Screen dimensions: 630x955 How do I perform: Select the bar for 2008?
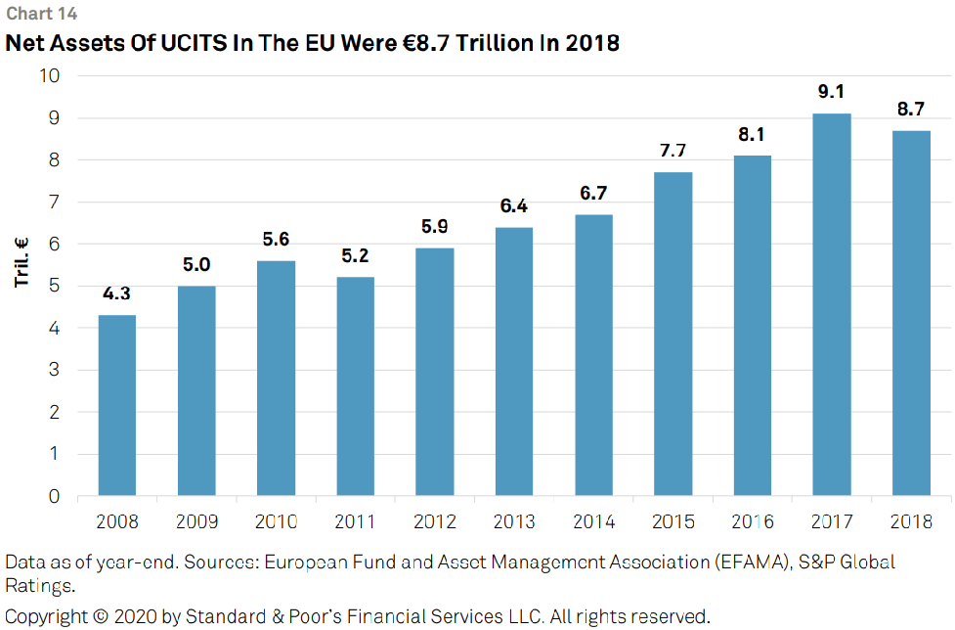click(x=116, y=405)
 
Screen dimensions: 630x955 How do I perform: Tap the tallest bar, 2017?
click(x=831, y=304)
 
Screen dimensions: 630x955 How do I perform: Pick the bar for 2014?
click(x=593, y=355)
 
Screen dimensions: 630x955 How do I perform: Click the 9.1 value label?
click(x=831, y=92)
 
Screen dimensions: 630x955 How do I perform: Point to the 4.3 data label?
click(x=116, y=293)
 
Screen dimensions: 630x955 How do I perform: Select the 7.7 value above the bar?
click(x=673, y=151)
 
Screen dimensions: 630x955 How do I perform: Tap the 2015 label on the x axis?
click(x=673, y=521)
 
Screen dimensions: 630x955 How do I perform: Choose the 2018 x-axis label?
click(x=911, y=521)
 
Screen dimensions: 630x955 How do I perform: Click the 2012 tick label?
click(x=434, y=521)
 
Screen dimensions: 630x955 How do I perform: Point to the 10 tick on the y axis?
click(x=49, y=75)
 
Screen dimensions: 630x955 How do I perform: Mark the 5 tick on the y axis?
click(x=55, y=286)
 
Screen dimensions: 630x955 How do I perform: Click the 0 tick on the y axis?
click(x=55, y=496)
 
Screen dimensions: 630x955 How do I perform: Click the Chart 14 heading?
click(x=41, y=14)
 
